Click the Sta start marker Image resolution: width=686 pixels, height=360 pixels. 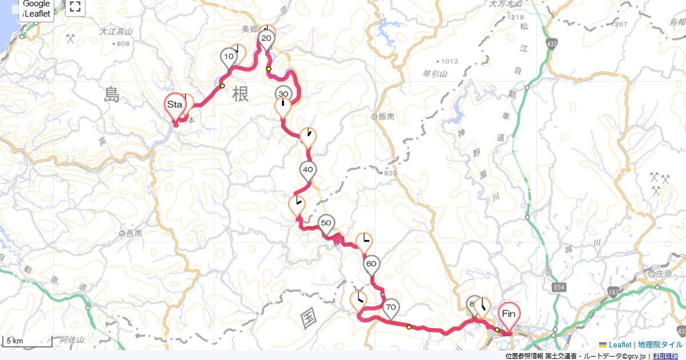click(174, 105)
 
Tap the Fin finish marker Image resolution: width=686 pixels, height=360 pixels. click(508, 314)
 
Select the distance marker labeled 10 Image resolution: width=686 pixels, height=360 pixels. click(229, 57)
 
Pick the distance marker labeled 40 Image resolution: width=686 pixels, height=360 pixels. click(308, 170)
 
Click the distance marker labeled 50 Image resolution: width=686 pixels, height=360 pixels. click(326, 223)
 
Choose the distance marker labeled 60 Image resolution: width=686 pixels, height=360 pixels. click(371, 264)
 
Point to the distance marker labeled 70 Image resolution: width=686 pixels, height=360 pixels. click(390, 307)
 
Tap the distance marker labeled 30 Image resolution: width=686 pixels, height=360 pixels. click(283, 94)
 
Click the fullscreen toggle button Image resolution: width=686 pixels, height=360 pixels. click(75, 7)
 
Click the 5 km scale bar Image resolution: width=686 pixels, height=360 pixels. click(27, 341)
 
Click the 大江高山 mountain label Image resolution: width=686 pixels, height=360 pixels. click(116, 32)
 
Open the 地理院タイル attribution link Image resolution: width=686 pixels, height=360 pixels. click(660, 345)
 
